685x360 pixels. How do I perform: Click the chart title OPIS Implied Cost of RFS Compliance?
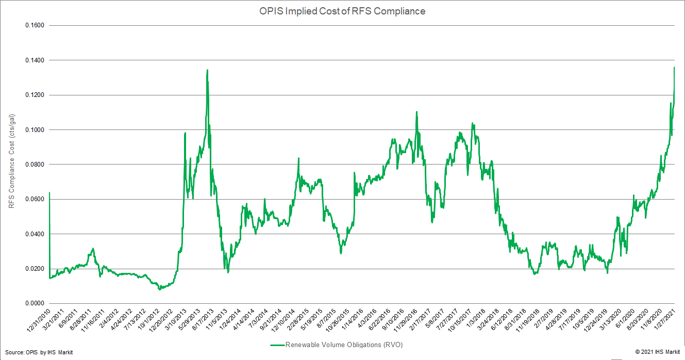(x=342, y=11)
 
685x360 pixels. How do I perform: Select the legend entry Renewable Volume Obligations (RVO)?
(x=340, y=345)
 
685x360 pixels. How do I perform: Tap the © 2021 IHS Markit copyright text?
(x=657, y=352)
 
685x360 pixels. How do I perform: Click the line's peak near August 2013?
(x=207, y=70)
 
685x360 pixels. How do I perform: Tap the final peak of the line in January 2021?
(x=674, y=67)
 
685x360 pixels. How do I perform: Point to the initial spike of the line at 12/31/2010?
(x=49, y=192)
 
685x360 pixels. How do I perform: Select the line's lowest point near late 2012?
(x=159, y=289)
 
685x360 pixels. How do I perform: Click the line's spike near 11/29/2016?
(x=416, y=112)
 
